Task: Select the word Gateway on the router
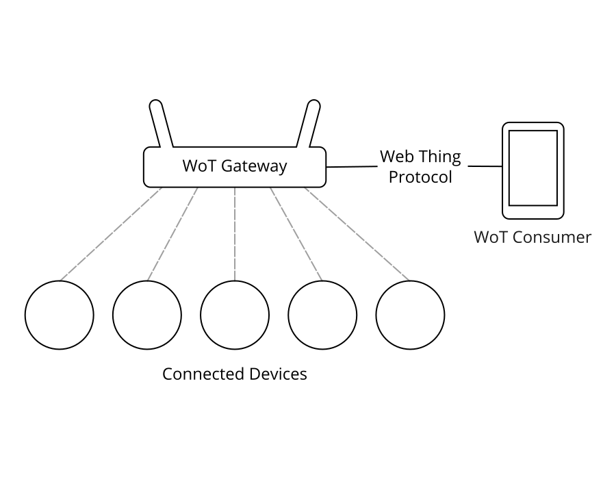tap(254, 166)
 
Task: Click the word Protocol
tap(420, 177)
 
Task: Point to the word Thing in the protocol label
tap(440, 157)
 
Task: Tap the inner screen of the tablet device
tap(532, 168)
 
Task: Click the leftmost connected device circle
tap(59, 315)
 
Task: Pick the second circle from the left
tap(147, 315)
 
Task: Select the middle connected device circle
tap(235, 315)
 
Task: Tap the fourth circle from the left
tap(322, 315)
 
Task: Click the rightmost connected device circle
tap(410, 315)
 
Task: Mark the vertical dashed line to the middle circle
tap(235, 233)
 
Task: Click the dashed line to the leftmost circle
tap(110, 234)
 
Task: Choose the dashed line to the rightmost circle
tap(357, 234)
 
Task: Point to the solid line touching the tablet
tap(485, 166)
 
